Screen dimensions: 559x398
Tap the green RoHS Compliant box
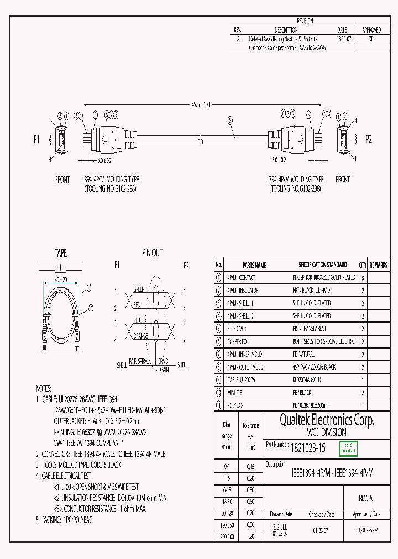pyautogui.click(x=348, y=448)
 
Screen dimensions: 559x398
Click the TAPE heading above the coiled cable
pyautogui.click(x=60, y=253)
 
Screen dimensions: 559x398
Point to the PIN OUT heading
pyautogui.click(x=152, y=253)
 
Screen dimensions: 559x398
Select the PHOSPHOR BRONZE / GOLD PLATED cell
pyautogui.click(x=323, y=277)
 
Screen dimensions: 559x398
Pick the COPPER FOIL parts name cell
pyautogui.click(x=238, y=341)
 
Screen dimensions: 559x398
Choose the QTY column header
pyautogui.click(x=363, y=265)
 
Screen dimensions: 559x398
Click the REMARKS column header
pyautogui.click(x=379, y=265)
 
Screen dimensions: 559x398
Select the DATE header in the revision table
pyautogui.click(x=341, y=30)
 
